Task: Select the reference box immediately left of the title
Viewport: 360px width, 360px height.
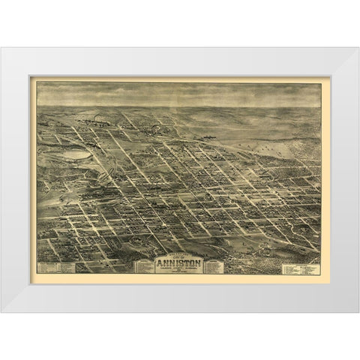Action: [144, 266]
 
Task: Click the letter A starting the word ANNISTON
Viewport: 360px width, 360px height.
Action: [159, 262]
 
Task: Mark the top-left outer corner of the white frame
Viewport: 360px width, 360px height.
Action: [2, 48]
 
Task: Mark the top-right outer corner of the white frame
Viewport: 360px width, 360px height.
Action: [358, 48]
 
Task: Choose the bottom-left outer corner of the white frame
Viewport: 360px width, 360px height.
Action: [2, 311]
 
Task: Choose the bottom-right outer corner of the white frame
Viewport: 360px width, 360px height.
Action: [358, 311]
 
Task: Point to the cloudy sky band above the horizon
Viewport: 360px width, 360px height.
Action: [180, 94]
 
